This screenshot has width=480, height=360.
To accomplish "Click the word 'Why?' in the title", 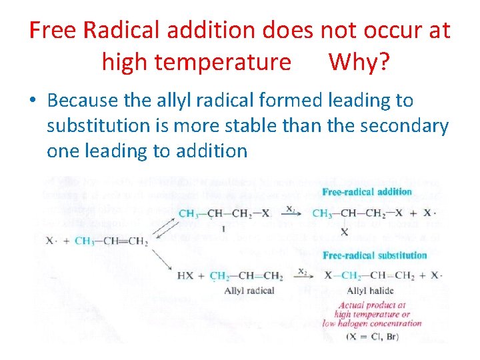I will click(x=359, y=62).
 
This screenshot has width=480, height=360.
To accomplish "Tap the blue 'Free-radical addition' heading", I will click(x=367, y=193).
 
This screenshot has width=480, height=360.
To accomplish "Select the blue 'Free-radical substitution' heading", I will click(x=374, y=255).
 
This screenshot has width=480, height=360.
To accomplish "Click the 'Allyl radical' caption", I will click(x=249, y=291).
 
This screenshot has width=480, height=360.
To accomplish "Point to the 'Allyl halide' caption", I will click(x=370, y=291).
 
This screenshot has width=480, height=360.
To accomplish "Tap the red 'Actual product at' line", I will click(x=371, y=306).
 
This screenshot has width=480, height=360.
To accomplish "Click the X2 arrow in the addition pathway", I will click(x=291, y=213).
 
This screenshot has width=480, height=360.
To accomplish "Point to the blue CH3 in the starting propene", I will click(x=84, y=241).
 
